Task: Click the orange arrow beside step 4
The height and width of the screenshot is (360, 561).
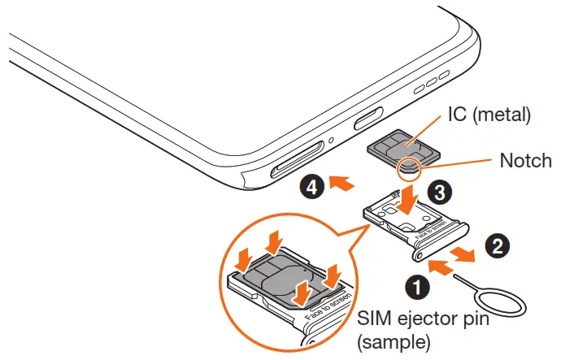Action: pyautogui.click(x=343, y=186)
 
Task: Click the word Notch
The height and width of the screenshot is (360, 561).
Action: pyautogui.click(x=520, y=162)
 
